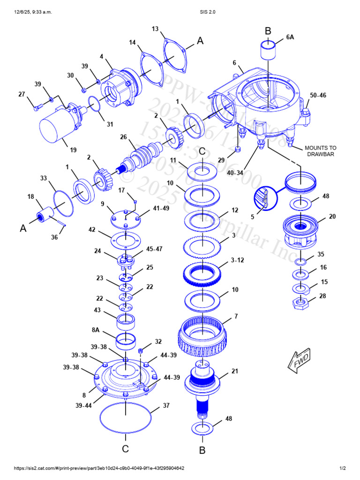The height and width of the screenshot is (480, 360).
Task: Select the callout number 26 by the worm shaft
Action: click(123, 138)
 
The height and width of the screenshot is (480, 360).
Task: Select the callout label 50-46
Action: click(317, 96)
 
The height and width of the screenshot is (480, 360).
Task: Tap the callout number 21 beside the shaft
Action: click(235, 371)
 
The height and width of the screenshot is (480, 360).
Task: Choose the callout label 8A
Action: click(96, 330)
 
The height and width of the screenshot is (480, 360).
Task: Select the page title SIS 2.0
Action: click(180, 12)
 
